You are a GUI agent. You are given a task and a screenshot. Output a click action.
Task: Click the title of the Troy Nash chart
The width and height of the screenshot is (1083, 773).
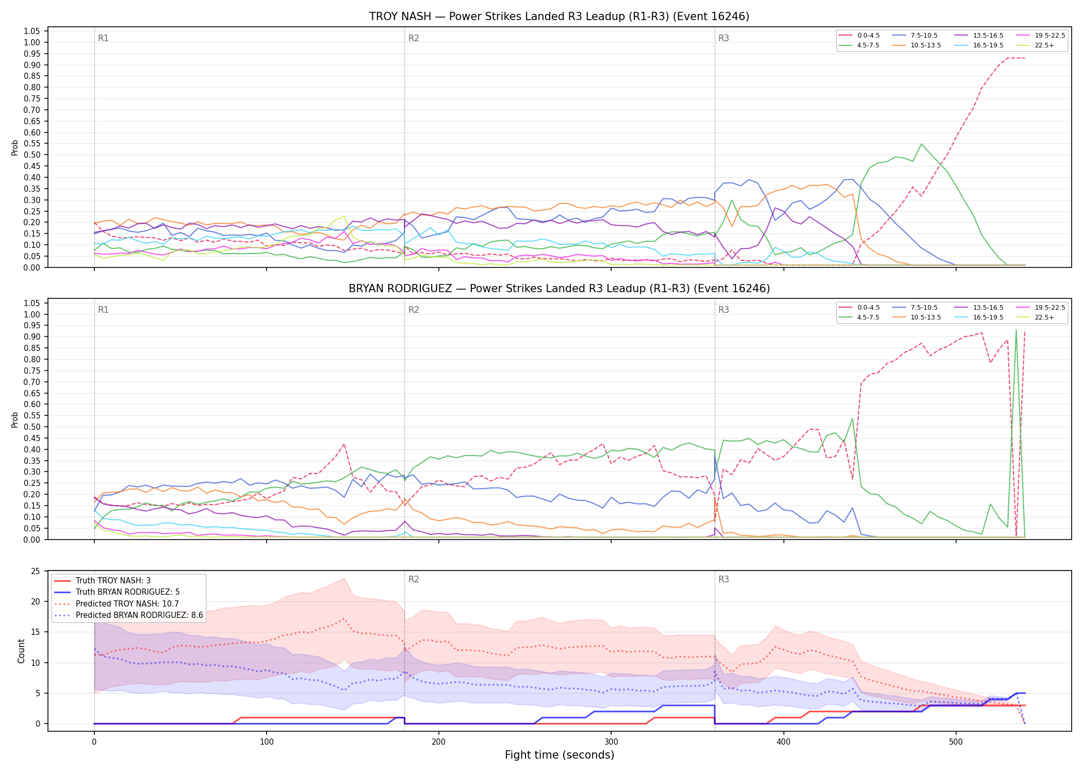pyautogui.click(x=559, y=16)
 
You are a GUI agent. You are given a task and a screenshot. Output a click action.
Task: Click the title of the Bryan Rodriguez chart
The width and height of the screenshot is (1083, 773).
pyautogui.click(x=559, y=289)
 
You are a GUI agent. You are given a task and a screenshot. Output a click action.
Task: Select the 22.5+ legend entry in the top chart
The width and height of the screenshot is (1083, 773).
pyautogui.click(x=1037, y=45)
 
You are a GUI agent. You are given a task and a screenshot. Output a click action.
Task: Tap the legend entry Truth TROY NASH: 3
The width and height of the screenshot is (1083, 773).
pyautogui.click(x=102, y=581)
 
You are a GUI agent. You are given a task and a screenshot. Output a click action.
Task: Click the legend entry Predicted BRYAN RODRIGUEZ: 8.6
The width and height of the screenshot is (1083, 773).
pyautogui.click(x=128, y=615)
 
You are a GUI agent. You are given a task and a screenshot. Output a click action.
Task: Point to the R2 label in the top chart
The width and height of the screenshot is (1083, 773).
pyautogui.click(x=414, y=38)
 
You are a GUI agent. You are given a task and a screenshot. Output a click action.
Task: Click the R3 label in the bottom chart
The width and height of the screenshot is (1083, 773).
pyautogui.click(x=724, y=579)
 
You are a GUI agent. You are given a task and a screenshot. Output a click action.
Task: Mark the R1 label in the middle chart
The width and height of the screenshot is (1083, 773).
pyautogui.click(x=103, y=310)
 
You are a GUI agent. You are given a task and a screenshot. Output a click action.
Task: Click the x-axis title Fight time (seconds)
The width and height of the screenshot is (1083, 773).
pyautogui.click(x=560, y=755)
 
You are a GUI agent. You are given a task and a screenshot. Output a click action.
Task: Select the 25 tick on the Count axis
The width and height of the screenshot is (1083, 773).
pyautogui.click(x=36, y=571)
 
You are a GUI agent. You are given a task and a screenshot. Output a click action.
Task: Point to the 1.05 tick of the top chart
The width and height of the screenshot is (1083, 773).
pyautogui.click(x=32, y=31)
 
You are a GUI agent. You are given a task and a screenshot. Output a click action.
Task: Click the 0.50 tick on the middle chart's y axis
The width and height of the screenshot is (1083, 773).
pyautogui.click(x=32, y=427)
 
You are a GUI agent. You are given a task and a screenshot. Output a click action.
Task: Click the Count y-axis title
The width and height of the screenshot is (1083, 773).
pyautogui.click(x=21, y=651)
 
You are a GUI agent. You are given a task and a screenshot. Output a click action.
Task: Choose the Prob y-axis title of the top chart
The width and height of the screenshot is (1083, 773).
pyautogui.click(x=15, y=147)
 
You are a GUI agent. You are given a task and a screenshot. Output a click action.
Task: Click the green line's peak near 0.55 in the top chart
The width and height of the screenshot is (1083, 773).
pyautogui.click(x=921, y=144)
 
